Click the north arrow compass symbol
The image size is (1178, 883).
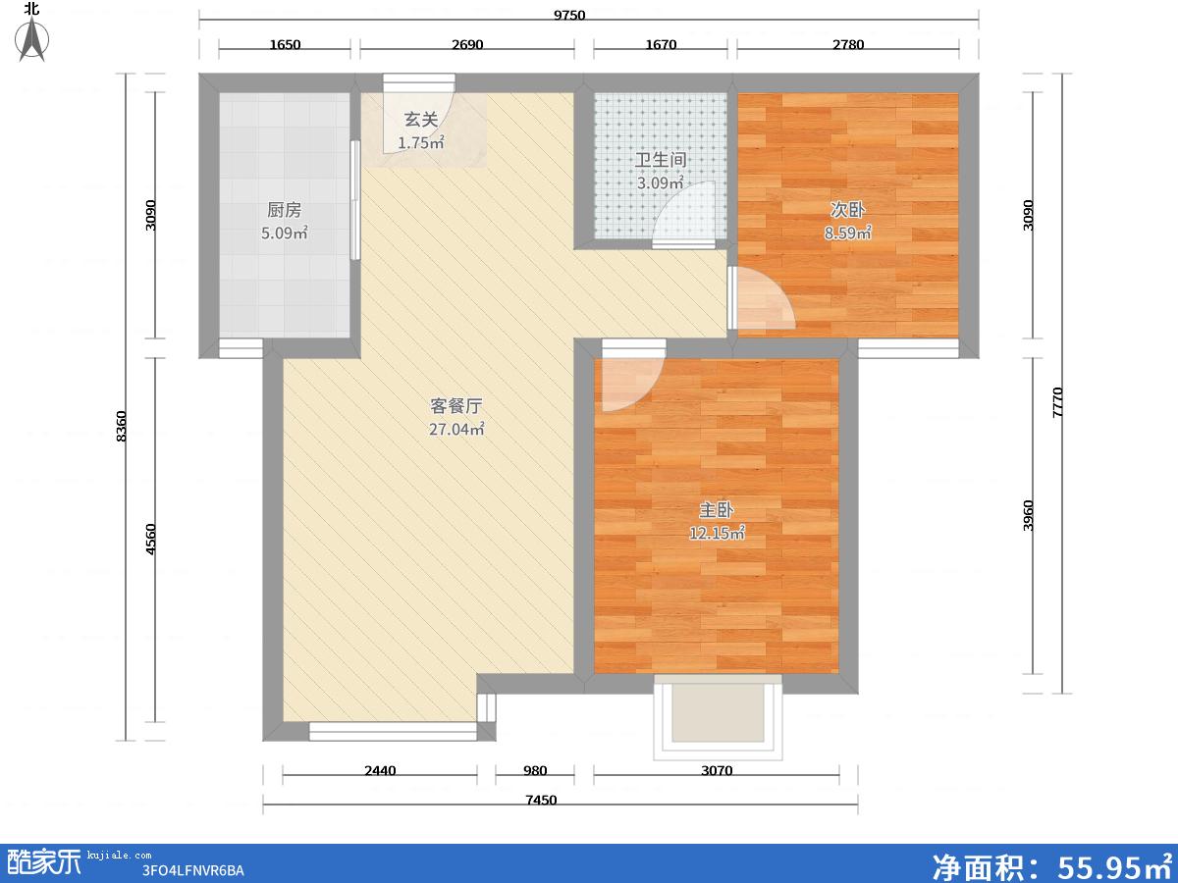(32, 37)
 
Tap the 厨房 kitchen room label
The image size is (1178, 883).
(284, 210)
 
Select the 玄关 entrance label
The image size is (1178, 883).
(421, 120)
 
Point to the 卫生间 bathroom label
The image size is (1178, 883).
(660, 160)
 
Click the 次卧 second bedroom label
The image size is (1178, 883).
(847, 210)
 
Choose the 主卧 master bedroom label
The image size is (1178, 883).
(717, 510)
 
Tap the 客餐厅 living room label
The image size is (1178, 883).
(456, 406)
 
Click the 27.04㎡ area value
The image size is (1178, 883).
(456, 429)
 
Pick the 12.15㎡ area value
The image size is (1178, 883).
(717, 533)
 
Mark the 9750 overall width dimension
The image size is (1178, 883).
(569, 15)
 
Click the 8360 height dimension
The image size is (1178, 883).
(122, 426)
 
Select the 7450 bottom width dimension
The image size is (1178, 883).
(541, 800)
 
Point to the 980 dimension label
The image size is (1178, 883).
(535, 770)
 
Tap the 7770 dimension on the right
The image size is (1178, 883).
(1056, 402)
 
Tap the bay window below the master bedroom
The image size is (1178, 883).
(718, 716)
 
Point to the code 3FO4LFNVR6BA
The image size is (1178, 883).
(192, 870)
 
